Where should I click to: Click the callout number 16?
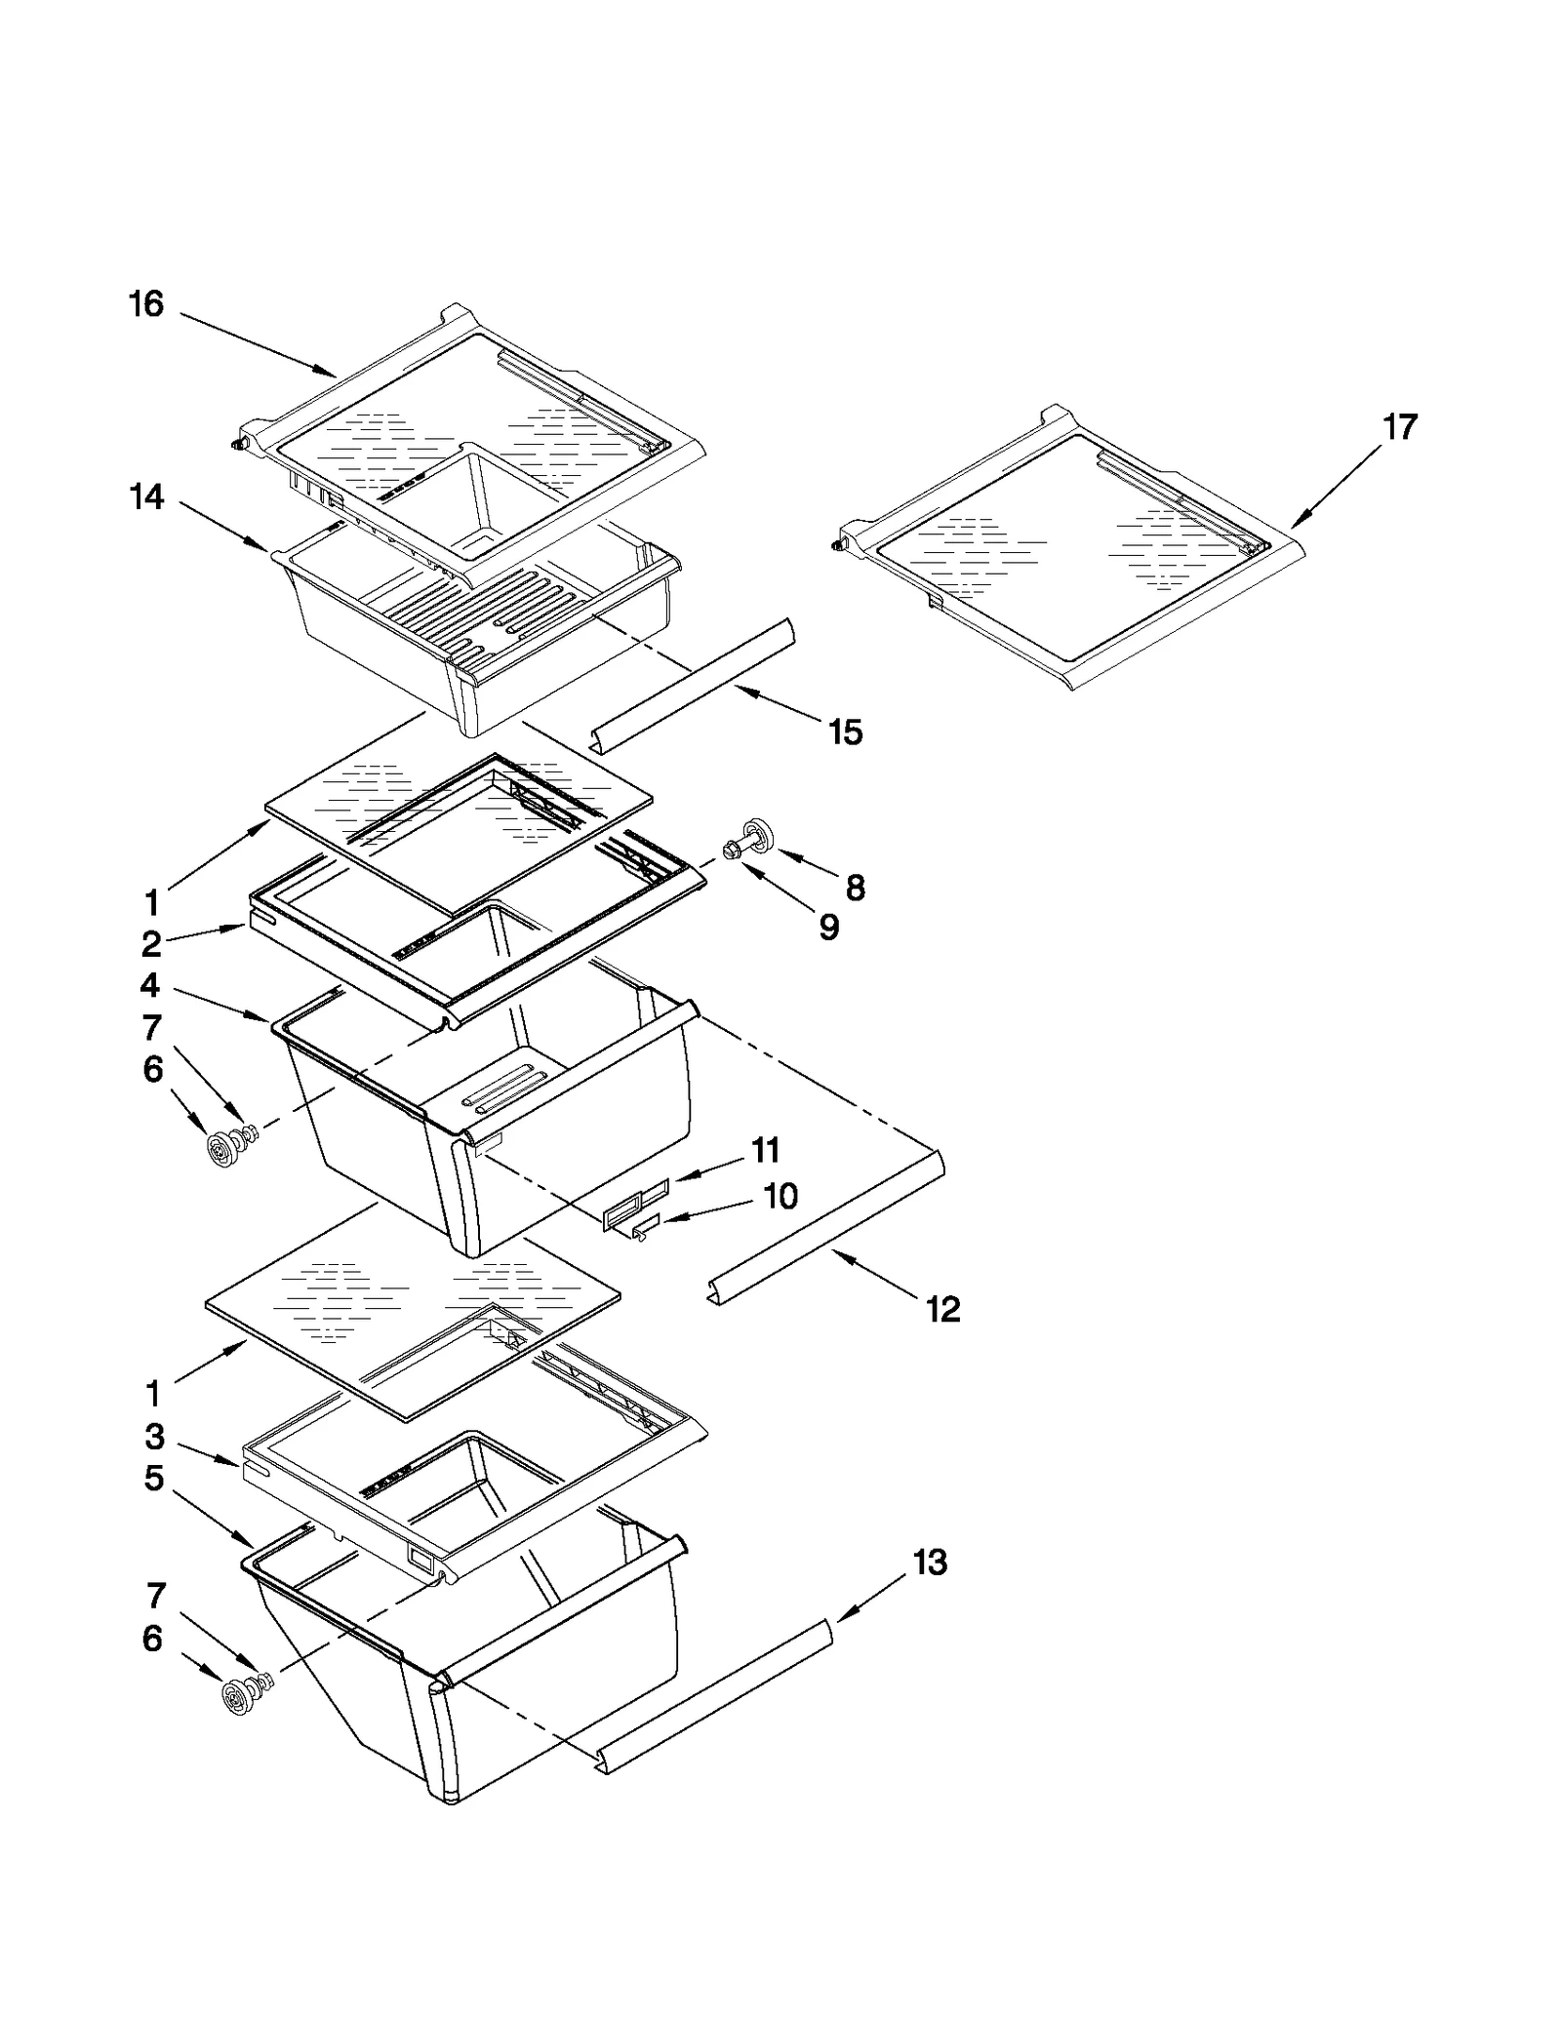point(146,304)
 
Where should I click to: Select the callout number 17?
point(1399,427)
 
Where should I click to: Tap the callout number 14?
point(147,497)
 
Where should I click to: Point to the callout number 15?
point(846,732)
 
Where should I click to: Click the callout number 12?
point(943,1309)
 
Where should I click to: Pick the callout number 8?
point(855,888)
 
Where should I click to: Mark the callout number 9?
point(828,928)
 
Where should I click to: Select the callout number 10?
point(780,1196)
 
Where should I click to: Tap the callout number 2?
point(151,944)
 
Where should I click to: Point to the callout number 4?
point(149,985)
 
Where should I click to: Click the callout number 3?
point(154,1437)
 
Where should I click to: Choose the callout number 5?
point(153,1479)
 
